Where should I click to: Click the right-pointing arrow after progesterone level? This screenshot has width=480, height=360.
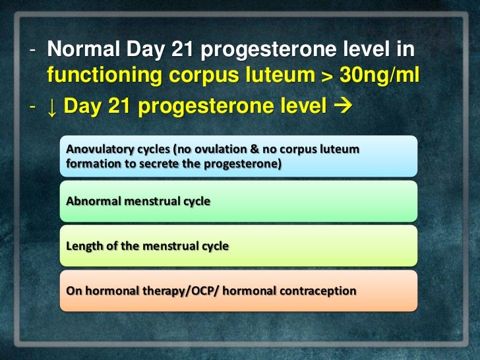(343, 105)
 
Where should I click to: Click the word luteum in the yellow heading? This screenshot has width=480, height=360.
(280, 76)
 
